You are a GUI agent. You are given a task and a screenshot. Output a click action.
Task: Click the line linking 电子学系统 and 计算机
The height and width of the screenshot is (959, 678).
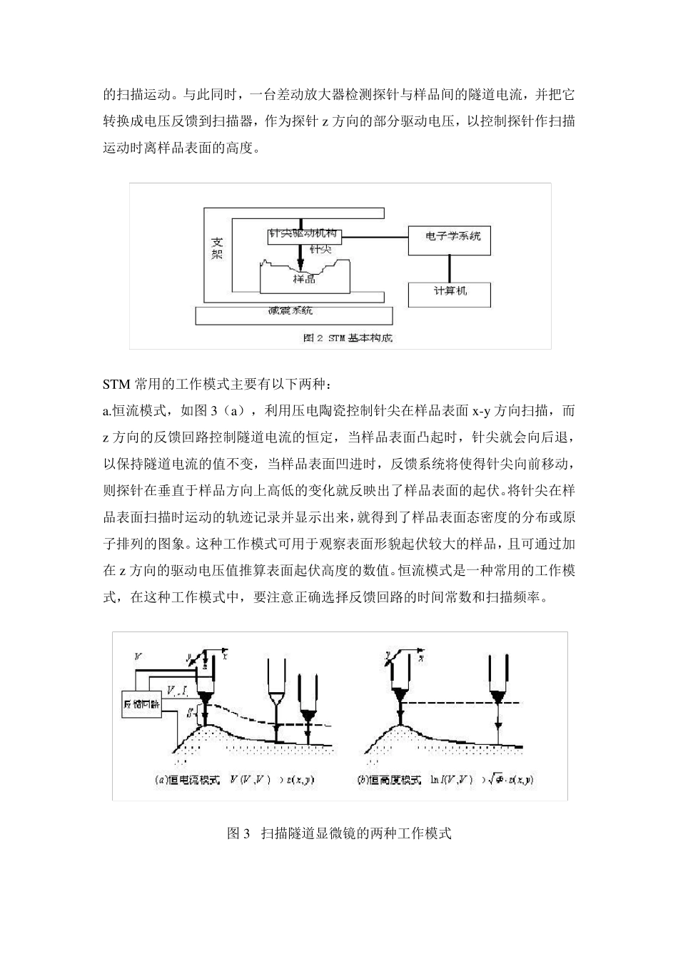point(449,268)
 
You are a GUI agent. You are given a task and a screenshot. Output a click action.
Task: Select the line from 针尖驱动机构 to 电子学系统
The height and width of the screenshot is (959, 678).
point(375,235)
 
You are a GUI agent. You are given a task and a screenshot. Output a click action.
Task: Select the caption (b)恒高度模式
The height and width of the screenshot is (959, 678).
point(389,779)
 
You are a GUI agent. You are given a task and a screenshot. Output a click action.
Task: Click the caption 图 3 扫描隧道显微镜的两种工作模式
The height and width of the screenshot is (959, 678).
point(339,833)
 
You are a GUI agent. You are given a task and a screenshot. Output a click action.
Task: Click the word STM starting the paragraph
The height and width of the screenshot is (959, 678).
point(117,385)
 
